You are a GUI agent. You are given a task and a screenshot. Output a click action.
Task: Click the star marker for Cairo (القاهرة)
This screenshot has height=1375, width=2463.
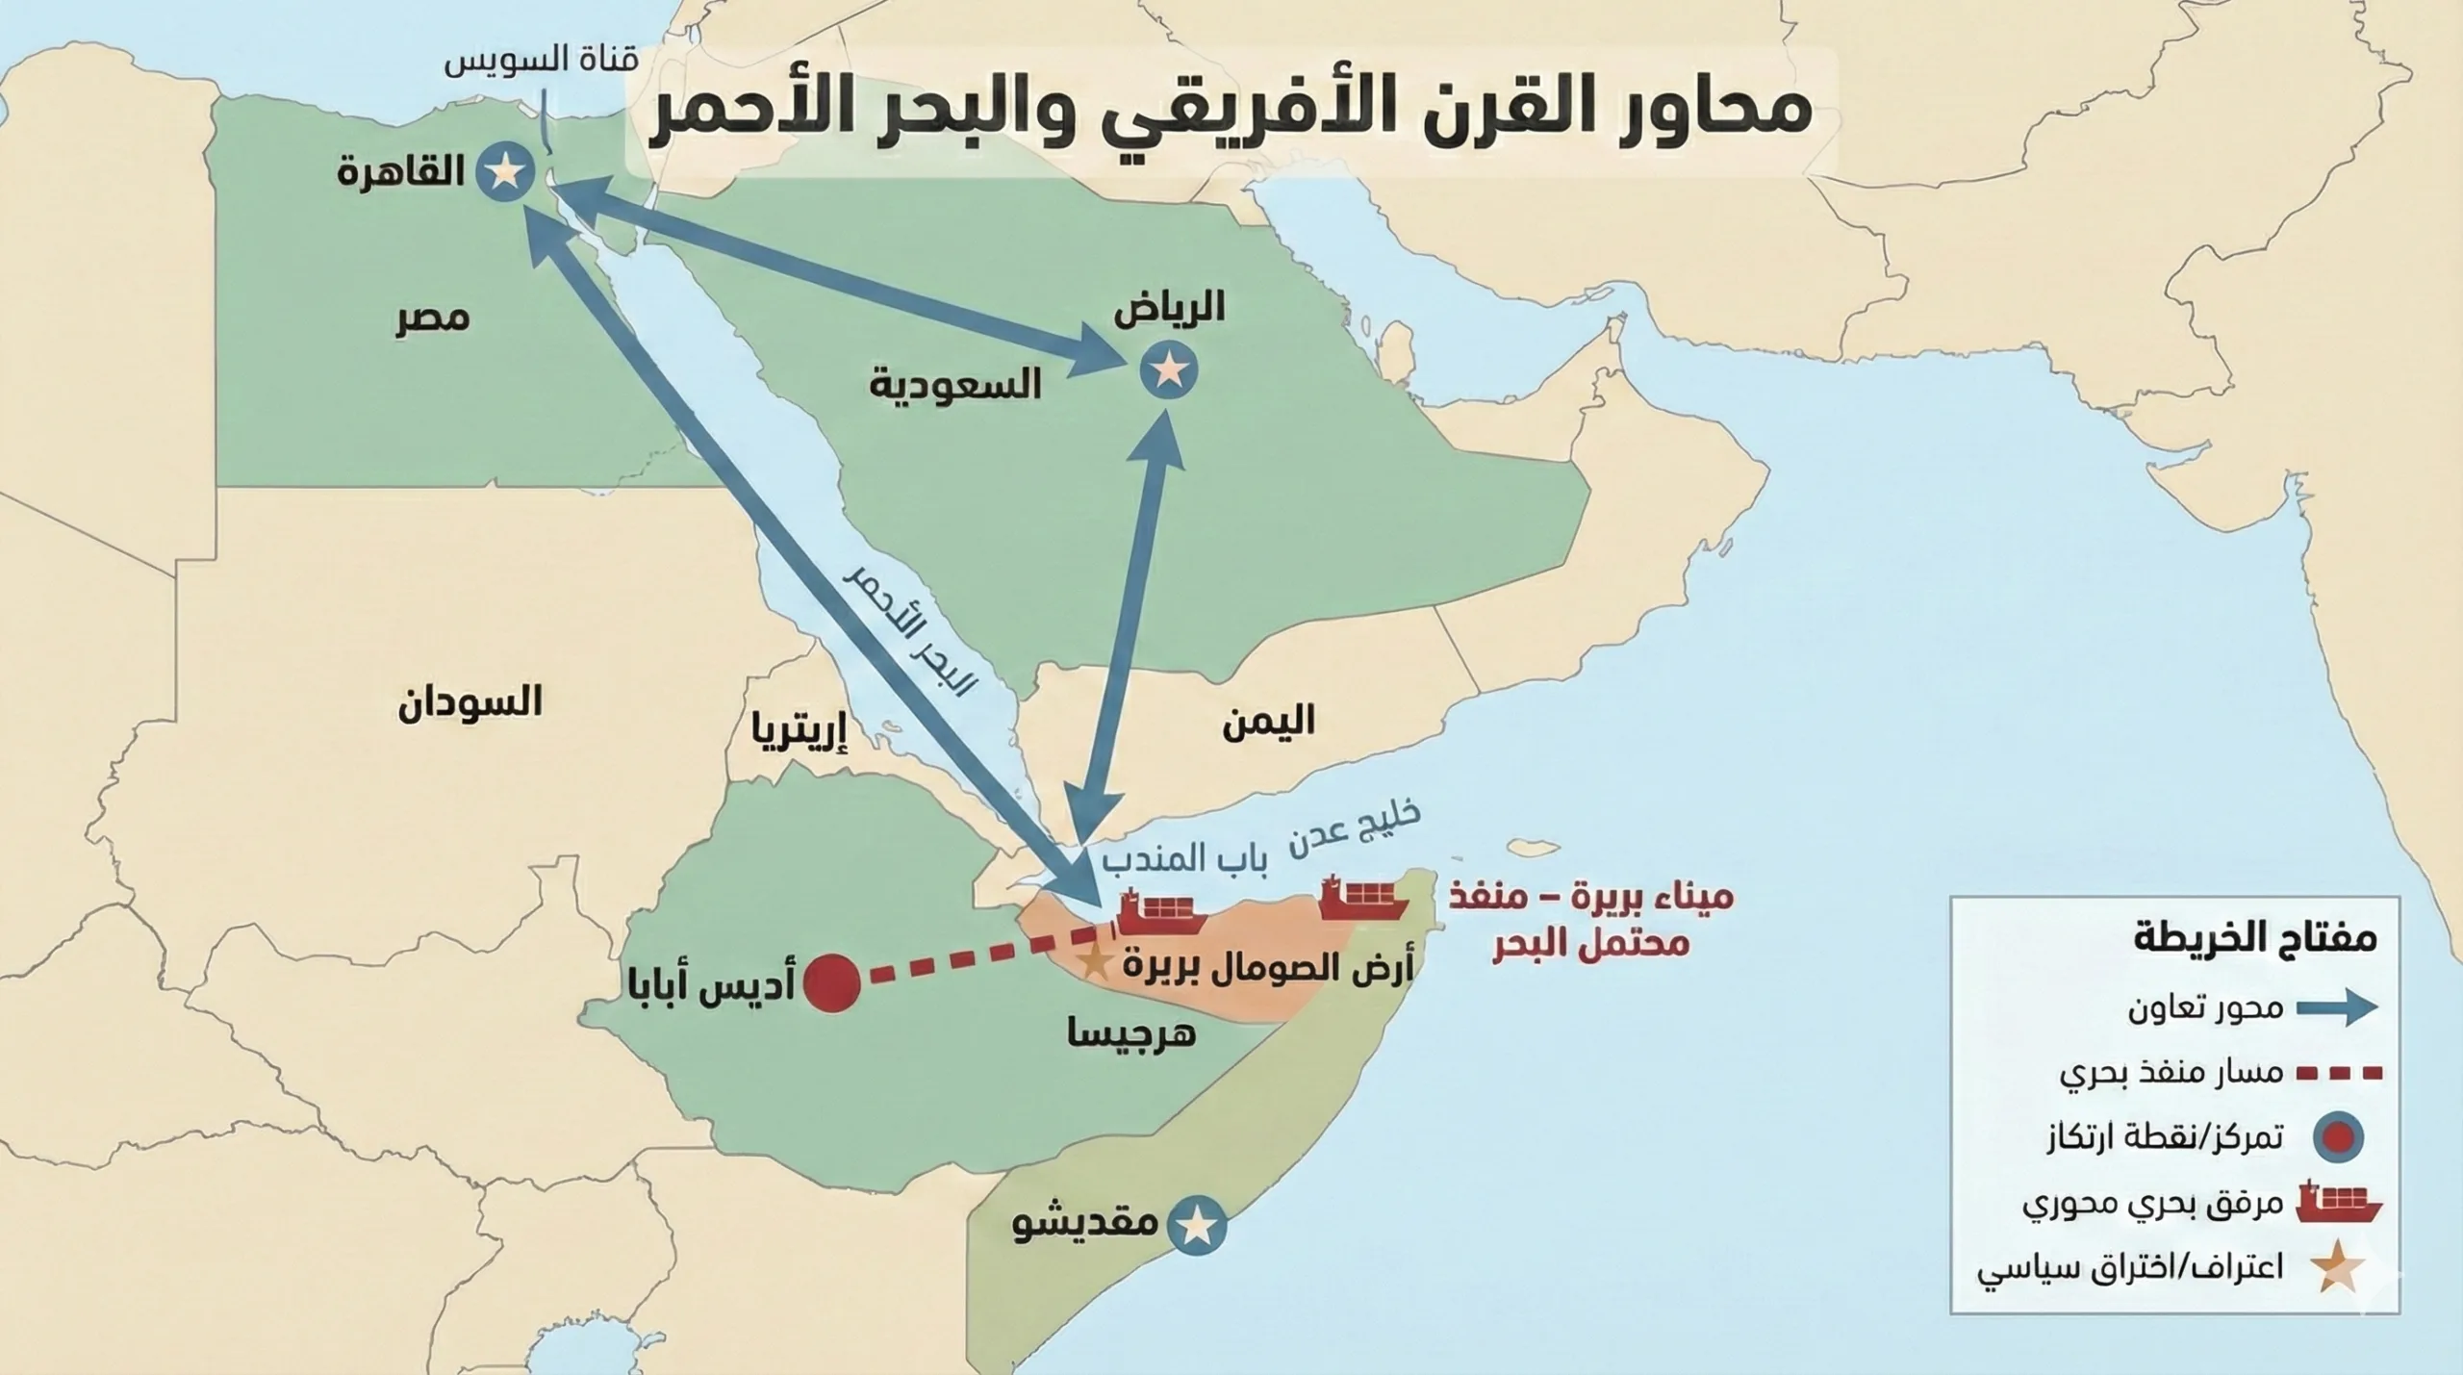505,173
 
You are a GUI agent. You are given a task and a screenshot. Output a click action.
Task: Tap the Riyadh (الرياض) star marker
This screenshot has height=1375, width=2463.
1168,370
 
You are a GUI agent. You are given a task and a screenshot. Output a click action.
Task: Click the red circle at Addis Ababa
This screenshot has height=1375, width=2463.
831,983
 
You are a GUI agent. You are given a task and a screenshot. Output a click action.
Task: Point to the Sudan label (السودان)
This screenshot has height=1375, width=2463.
470,702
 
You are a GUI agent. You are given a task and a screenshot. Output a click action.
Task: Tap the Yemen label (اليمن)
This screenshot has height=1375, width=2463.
1268,721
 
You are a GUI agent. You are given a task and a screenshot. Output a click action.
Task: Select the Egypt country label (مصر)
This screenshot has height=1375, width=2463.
433,318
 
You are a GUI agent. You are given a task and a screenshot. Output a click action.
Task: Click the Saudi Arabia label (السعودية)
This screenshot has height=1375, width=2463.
955,385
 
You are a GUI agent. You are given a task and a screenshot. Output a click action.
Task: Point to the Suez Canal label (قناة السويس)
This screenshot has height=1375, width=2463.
542,63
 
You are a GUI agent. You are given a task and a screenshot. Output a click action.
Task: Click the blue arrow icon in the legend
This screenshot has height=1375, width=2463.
2337,1008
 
